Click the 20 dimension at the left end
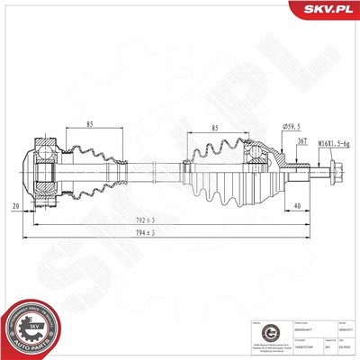pyautogui.click(x=17, y=206)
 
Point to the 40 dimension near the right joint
pyautogui.click(x=296, y=206)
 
